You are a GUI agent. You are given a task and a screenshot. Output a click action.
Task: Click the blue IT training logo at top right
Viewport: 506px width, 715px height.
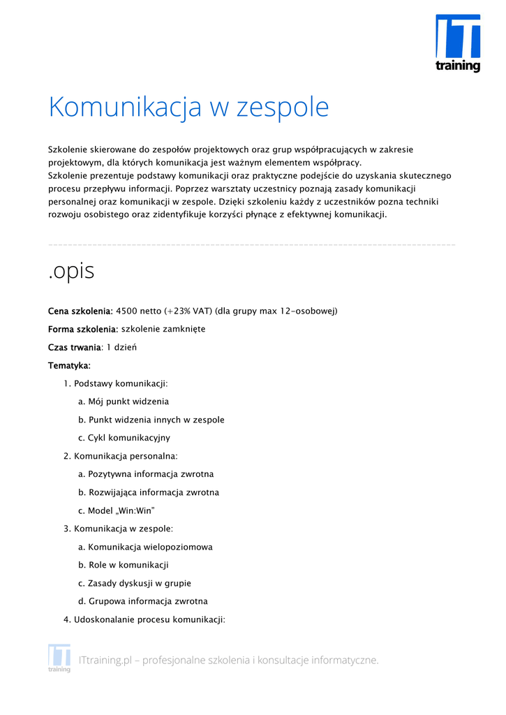coord(458,43)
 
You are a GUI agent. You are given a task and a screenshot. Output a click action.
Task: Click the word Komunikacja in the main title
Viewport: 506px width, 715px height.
coord(126,108)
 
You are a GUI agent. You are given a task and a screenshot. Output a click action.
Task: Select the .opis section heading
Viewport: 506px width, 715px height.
coord(71,271)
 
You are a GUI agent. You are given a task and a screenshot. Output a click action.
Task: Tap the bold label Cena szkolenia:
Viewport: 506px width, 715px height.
coord(80,311)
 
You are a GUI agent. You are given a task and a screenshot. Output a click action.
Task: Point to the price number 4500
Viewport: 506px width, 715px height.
coord(127,311)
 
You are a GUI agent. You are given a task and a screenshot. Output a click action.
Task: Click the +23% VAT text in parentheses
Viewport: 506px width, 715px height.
coord(188,311)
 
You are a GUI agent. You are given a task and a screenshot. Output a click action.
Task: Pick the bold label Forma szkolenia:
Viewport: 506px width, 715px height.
coord(83,329)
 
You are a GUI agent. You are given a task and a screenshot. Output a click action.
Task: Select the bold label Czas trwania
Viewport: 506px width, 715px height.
coord(75,347)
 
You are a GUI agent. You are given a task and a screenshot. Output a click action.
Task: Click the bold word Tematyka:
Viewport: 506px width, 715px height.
coord(69,365)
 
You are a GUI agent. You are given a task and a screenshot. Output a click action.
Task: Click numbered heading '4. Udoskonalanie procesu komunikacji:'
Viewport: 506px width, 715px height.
coord(144,619)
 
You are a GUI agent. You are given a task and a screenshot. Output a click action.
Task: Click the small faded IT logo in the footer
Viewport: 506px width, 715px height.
coord(59,658)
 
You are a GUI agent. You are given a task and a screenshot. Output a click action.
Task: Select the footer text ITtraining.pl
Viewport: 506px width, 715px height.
coord(105,660)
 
